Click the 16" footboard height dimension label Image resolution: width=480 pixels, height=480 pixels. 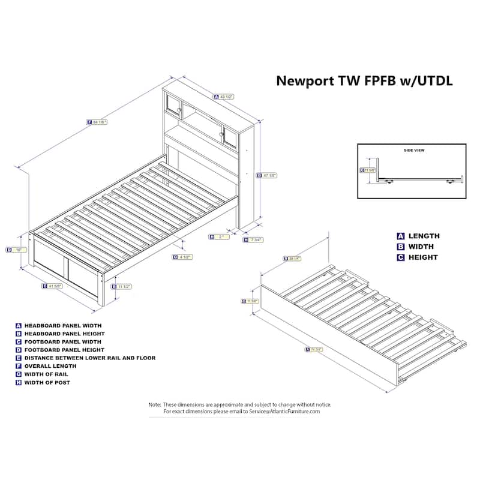18,250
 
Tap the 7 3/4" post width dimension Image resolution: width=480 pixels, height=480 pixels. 255,240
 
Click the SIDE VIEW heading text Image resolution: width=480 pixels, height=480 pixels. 414,151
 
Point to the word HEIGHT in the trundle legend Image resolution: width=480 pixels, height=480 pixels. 423,257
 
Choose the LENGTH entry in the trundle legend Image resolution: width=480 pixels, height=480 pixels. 424,236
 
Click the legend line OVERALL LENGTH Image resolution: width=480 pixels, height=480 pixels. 50,366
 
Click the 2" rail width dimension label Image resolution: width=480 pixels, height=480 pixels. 220,237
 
